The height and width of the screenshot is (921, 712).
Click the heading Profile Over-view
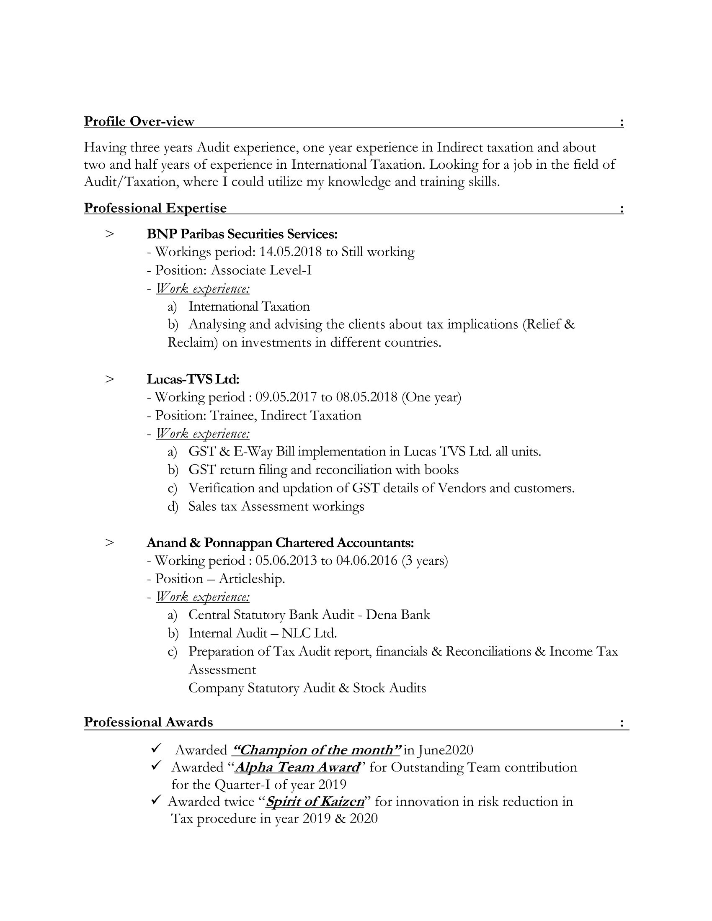(139, 121)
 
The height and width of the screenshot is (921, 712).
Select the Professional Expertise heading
(155, 208)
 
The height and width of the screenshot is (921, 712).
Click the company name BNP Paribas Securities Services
(242, 234)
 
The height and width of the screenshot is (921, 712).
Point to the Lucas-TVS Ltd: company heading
(193, 379)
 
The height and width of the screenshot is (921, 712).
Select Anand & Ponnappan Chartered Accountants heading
(280, 542)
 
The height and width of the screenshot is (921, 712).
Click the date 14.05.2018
(291, 252)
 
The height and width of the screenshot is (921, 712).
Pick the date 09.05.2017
(286, 397)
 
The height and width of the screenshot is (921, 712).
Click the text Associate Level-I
(261, 270)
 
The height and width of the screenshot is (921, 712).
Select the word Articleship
(252, 579)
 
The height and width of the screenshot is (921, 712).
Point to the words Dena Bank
(398, 615)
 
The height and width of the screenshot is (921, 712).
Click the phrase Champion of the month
(316, 750)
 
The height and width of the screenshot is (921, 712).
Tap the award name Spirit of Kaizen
(315, 801)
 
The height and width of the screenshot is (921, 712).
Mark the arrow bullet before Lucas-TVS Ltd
(110, 379)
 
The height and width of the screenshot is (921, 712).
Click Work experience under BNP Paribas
(202, 288)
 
